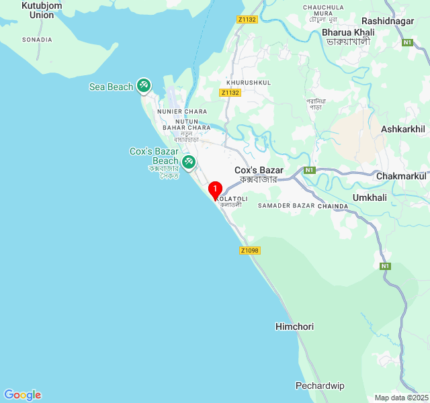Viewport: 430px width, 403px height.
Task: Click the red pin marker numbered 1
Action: point(215,190)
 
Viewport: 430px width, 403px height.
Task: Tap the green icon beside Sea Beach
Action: point(143,85)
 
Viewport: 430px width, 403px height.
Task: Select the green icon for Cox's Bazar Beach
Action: point(189,161)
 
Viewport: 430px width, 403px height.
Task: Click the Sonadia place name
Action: point(37,40)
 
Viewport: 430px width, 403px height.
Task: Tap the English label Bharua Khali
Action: point(348,32)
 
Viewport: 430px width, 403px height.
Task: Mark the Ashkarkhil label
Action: point(403,129)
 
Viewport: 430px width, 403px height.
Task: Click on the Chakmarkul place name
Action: point(401,176)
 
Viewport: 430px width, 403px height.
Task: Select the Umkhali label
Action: point(370,197)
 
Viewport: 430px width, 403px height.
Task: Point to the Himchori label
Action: point(294,326)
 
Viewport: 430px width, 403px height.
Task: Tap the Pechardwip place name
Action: point(320,386)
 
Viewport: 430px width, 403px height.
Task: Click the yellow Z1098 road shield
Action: point(249,251)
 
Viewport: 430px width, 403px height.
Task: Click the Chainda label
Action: point(333,206)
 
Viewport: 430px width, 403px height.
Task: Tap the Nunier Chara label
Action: point(182,111)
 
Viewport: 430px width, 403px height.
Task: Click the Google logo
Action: point(22,395)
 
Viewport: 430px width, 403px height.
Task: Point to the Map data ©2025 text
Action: point(401,398)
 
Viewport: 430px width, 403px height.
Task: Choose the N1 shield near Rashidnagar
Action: point(407,42)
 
